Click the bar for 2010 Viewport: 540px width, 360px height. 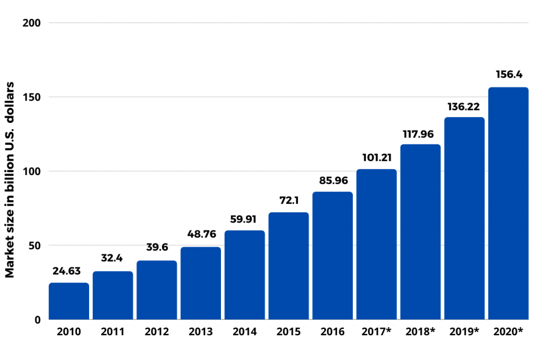(69, 301)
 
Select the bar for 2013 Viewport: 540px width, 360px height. (200, 284)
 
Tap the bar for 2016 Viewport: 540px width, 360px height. (332, 256)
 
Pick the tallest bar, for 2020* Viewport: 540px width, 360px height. (508, 203)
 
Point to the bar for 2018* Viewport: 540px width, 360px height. (420, 232)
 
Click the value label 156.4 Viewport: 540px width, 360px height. (508, 74)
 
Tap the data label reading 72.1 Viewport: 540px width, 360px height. (288, 200)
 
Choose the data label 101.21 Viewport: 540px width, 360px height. (377, 157)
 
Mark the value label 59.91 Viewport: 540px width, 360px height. (245, 218)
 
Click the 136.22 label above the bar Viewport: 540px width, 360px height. (464, 105)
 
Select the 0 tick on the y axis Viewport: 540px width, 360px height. (38, 319)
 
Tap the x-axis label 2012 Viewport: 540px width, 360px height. (157, 332)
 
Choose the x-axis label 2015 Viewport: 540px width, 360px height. (288, 332)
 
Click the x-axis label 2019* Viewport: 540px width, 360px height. (464, 332)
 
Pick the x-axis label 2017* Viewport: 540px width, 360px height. (377, 332)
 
